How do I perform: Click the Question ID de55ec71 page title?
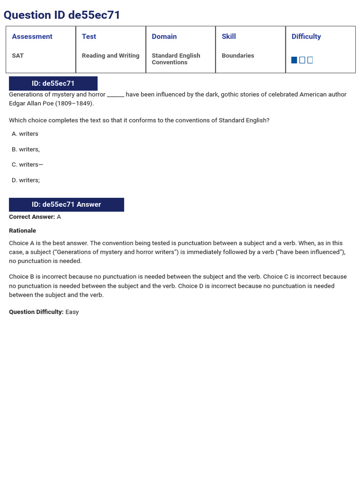click(x=62, y=15)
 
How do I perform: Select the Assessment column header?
click(x=32, y=37)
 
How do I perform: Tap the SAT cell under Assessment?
click(x=18, y=55)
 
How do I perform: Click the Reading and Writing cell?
click(x=111, y=55)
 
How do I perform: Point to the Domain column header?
click(x=164, y=37)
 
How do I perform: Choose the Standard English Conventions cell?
click(x=176, y=59)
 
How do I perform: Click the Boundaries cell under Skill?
click(x=238, y=55)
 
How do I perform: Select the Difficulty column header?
click(x=306, y=37)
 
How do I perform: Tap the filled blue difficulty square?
click(x=294, y=60)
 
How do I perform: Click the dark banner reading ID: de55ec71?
click(x=53, y=83)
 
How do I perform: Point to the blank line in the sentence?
click(x=115, y=95)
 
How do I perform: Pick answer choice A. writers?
click(x=25, y=134)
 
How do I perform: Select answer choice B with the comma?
click(x=26, y=149)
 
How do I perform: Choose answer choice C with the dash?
click(x=28, y=165)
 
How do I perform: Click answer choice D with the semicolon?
click(x=26, y=180)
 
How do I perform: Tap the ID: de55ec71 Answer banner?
click(x=66, y=204)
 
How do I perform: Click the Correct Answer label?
click(x=32, y=217)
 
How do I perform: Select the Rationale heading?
click(x=22, y=231)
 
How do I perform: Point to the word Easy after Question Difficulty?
click(x=72, y=312)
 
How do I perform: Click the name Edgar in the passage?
click(x=17, y=103)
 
